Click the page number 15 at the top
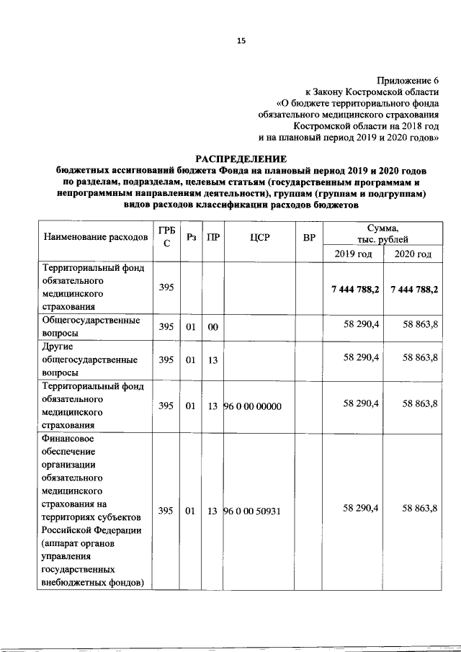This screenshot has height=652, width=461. pyautogui.click(x=241, y=41)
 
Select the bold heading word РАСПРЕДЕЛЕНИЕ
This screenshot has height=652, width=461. pyautogui.click(x=241, y=158)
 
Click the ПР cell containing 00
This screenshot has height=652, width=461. pyautogui.click(x=212, y=327)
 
